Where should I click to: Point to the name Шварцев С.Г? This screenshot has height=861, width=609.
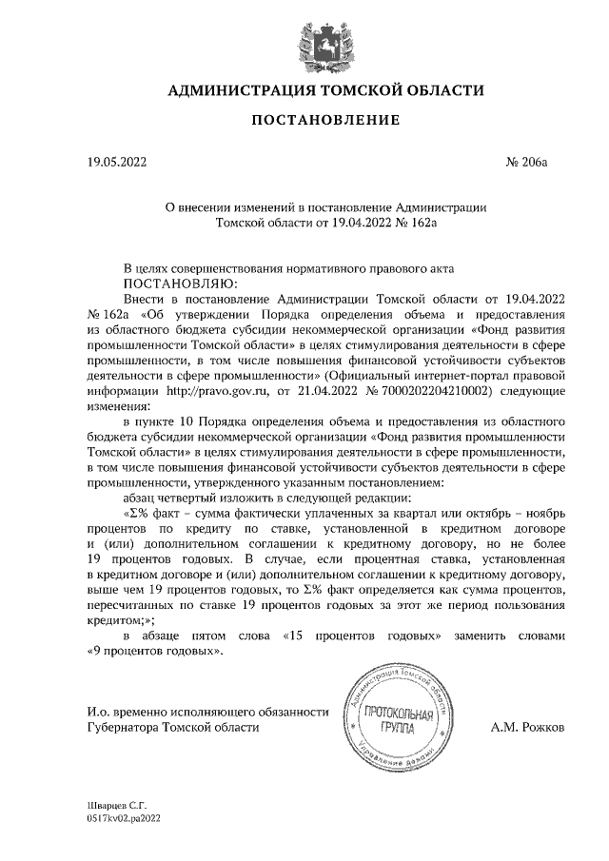(110, 804)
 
